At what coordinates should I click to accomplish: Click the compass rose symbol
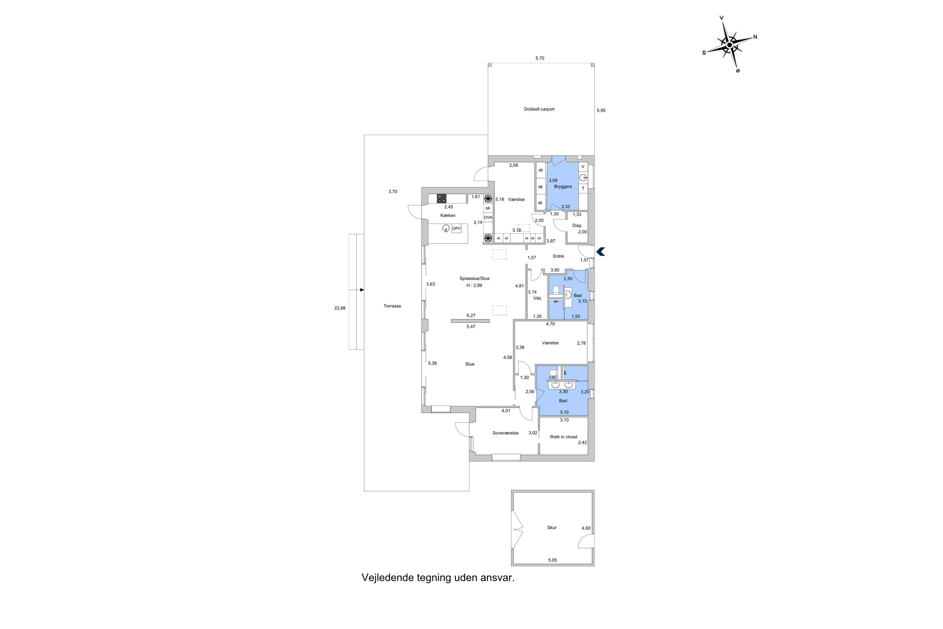tap(729, 45)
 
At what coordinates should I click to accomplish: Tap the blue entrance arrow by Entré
tap(601, 252)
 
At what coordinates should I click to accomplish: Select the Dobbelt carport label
tap(539, 109)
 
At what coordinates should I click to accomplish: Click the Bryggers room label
tap(563, 187)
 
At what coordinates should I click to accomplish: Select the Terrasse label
tap(392, 306)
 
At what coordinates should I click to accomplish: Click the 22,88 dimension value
tap(339, 308)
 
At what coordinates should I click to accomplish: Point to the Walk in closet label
tap(563, 437)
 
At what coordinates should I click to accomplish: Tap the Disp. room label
tap(577, 226)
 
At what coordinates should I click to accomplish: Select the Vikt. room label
tap(538, 298)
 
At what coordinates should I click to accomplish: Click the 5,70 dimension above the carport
tap(540, 58)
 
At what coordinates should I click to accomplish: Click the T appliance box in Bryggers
tap(583, 188)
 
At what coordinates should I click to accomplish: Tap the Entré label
tap(558, 256)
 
